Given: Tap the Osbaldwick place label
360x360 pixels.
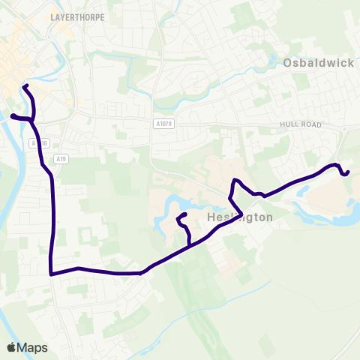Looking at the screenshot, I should [x=319, y=63].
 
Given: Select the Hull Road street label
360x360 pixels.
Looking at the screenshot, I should [x=300, y=124].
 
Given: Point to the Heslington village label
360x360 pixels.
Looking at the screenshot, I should [x=238, y=217].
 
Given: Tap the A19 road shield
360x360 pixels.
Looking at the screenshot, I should [x=61, y=159].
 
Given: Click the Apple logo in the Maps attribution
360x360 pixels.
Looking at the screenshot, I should [x=12, y=347].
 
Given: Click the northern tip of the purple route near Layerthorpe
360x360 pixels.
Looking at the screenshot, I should [x=25, y=86].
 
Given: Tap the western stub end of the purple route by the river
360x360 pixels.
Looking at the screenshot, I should [x=11, y=115].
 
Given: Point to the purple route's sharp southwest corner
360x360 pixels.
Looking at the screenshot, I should [x=50, y=274].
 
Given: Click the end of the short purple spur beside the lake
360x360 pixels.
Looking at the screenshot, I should [x=184, y=215].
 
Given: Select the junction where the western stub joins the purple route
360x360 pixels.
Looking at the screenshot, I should [x=32, y=118].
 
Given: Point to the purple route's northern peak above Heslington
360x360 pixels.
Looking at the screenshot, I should [x=235, y=180].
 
